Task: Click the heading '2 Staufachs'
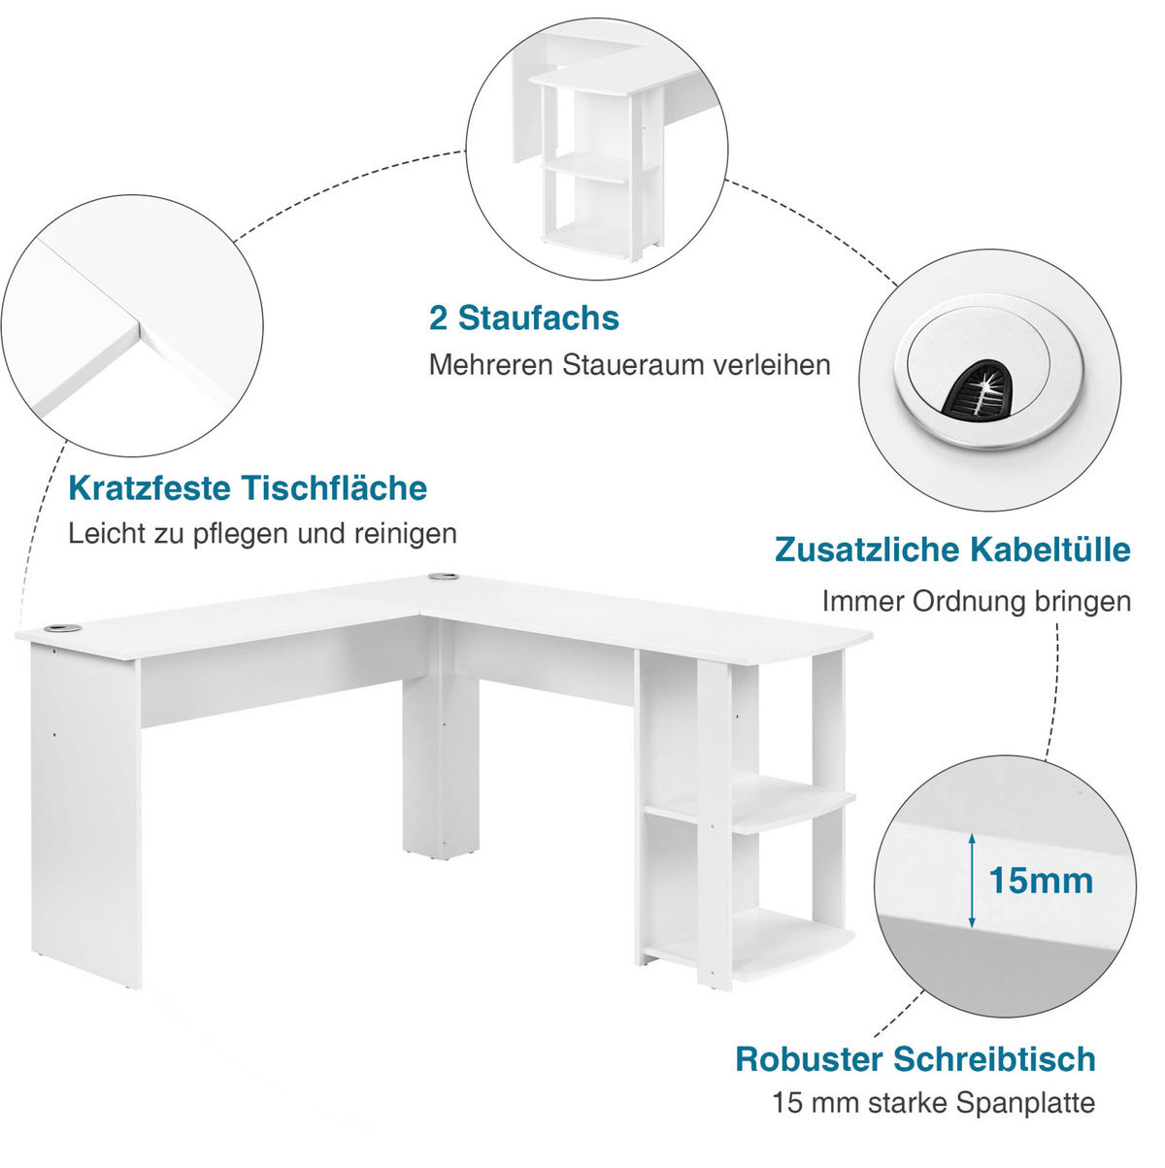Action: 523,318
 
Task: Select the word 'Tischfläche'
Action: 334,488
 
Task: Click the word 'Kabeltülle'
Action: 1050,550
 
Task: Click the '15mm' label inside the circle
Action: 1041,881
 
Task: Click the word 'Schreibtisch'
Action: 994,1059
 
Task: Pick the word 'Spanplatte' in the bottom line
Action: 1025,1103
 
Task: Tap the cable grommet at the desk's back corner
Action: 443,576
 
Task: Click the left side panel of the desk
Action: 85,813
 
